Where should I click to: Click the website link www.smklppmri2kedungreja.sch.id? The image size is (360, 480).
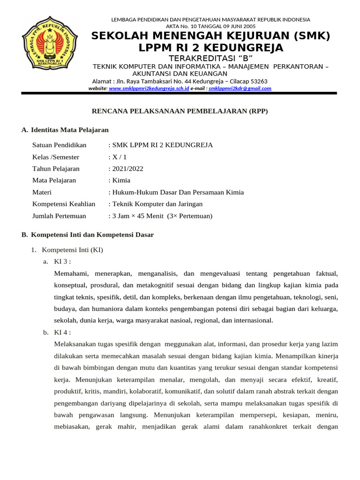click(149, 88)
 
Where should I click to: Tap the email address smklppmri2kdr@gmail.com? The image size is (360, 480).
click(240, 88)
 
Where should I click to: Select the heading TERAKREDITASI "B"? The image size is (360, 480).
click(210, 58)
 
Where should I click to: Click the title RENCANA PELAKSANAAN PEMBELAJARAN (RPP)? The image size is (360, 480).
click(179, 111)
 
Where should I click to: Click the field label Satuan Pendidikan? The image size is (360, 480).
click(59, 145)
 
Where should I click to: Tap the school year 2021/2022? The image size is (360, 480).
click(127, 169)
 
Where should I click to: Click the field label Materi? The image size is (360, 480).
click(42, 192)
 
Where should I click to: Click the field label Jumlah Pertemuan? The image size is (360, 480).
click(59, 216)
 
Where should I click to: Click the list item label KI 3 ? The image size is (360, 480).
click(62, 262)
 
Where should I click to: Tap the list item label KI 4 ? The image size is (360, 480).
click(62, 332)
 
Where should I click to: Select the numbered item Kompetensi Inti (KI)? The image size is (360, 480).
click(72, 250)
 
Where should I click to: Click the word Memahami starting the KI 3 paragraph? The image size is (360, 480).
click(70, 273)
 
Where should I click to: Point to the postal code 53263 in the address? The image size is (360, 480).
click(258, 81)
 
